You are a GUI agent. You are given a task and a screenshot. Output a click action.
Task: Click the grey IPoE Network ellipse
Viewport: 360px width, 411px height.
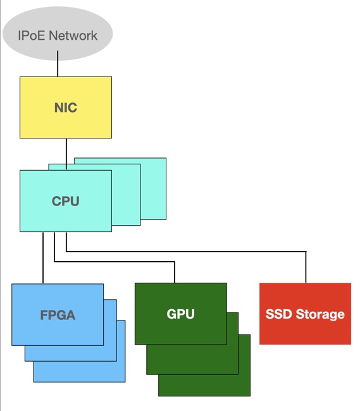(58, 34)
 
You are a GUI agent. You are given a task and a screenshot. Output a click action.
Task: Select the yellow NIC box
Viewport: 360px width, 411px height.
(66, 107)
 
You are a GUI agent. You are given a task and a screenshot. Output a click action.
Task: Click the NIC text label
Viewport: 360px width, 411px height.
(66, 107)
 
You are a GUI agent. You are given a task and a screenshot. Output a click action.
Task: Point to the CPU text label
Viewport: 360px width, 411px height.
(66, 201)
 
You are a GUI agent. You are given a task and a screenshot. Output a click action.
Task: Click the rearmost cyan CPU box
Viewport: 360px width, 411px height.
(153, 188)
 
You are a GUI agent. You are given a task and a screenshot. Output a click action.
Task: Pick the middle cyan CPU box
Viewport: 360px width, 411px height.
(126, 195)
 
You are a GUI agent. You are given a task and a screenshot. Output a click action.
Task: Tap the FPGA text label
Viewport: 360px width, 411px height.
(58, 315)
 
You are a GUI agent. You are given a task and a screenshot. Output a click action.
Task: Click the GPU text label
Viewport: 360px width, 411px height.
(181, 314)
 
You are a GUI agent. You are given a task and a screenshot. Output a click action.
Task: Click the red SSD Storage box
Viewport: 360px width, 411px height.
(305, 314)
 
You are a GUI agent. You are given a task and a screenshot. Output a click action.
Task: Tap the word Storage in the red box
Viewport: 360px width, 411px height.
(320, 314)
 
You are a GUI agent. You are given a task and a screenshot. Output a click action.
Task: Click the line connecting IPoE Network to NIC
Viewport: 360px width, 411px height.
(58, 64)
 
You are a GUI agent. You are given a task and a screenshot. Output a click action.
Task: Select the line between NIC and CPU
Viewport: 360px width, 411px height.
(66, 154)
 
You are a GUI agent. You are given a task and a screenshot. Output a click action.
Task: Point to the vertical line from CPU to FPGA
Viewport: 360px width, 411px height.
(43, 257)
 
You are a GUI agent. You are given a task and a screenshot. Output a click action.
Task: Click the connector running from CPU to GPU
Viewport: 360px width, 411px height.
(115, 262)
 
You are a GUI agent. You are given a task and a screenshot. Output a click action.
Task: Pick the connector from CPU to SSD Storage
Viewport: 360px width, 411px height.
(186, 252)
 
